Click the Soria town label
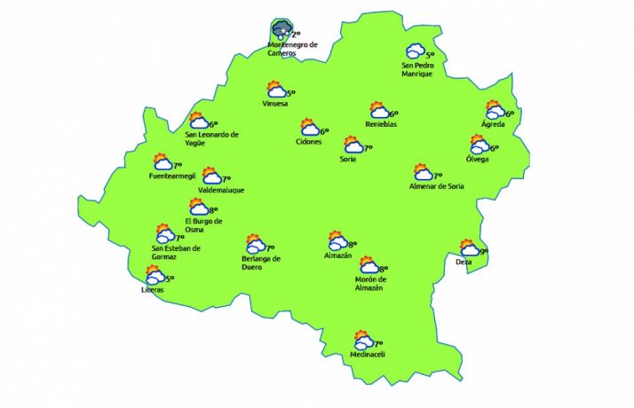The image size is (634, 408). point(347,160)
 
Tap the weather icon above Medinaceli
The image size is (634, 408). point(363,341)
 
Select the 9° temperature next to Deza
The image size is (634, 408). point(484,252)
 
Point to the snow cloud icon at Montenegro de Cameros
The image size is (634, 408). point(281,31)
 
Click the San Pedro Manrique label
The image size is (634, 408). point(416,69)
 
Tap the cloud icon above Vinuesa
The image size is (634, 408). point(276,90)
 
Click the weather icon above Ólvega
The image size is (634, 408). point(479,145)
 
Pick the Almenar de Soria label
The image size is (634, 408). point(436,186)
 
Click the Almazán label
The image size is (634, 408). point(338,255)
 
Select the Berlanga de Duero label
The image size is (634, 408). point(261,263)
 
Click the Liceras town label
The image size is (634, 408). point(152,290)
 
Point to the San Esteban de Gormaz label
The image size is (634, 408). point(176,252)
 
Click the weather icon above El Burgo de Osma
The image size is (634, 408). point(199,208)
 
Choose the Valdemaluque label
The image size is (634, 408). point(221,190)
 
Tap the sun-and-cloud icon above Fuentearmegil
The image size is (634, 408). point(162,162)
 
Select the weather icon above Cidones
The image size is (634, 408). point(310,128)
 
